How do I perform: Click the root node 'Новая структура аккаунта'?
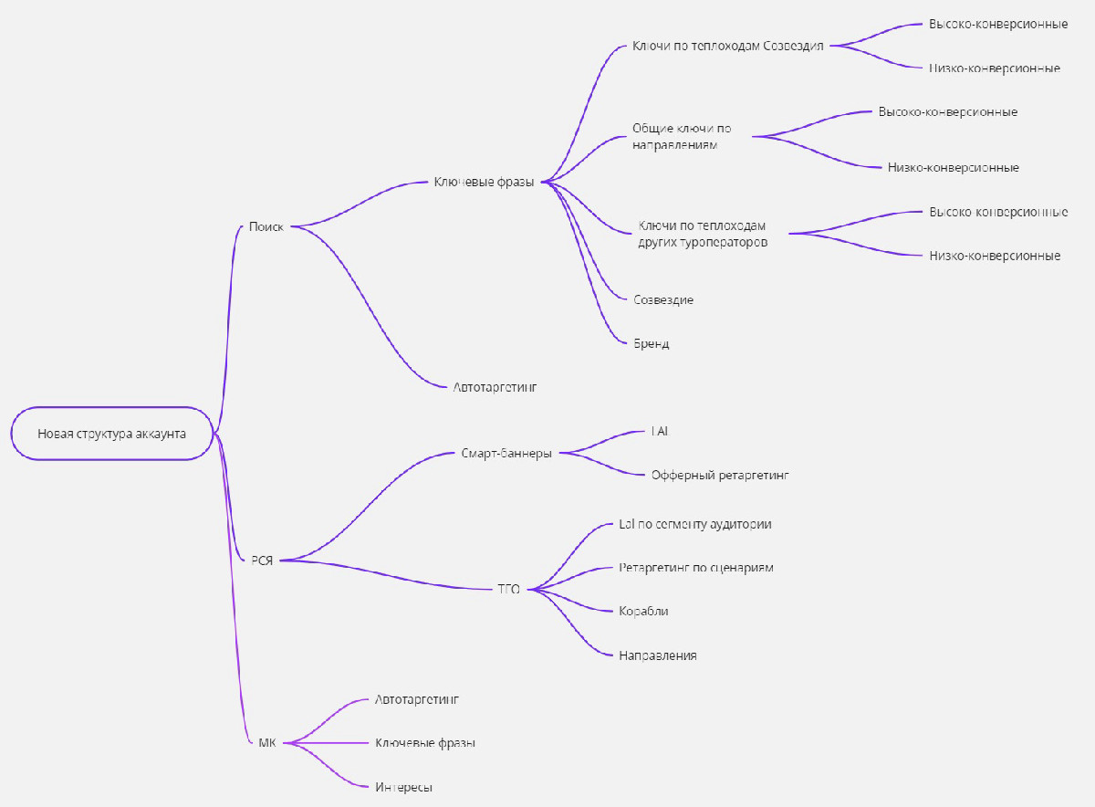point(112,434)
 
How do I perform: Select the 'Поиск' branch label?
point(266,226)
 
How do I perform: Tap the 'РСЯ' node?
point(262,561)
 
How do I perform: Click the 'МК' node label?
point(266,743)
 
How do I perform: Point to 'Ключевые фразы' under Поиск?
point(484,182)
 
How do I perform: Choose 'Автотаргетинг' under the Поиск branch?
point(495,387)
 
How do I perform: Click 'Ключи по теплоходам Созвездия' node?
point(728,46)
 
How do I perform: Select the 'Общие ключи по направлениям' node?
point(682,136)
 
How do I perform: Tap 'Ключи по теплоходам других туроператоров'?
point(703,234)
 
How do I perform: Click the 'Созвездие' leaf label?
point(663,299)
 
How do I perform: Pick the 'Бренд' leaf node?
point(652,343)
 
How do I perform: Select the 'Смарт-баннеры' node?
point(506,454)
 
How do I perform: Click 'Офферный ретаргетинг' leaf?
point(720,475)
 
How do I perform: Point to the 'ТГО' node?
point(508,590)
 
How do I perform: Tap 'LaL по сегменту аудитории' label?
point(695,524)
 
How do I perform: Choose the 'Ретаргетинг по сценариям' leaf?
point(696,568)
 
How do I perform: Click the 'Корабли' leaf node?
point(643,612)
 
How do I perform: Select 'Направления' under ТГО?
point(658,655)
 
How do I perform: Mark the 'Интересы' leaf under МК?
point(403,787)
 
